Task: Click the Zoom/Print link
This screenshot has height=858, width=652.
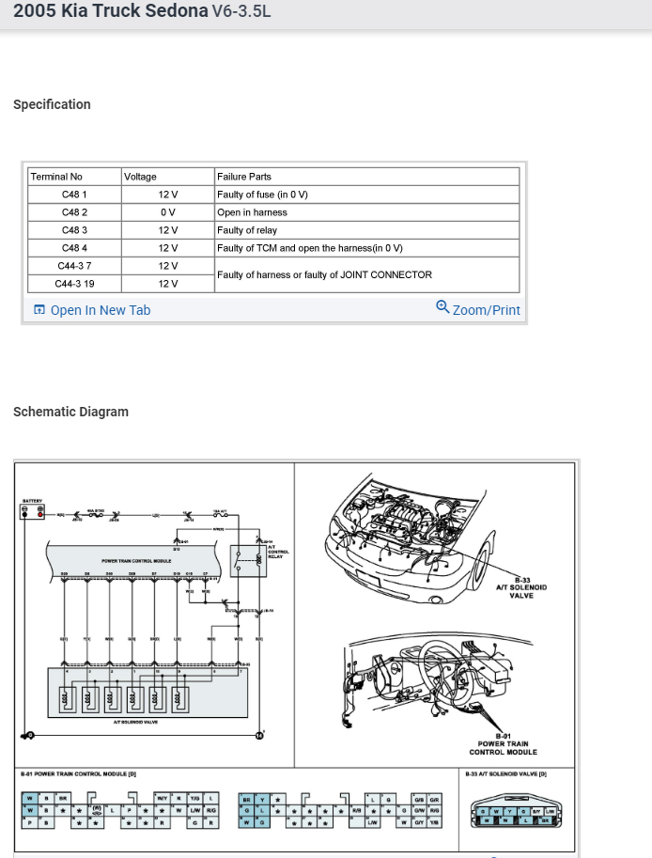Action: (478, 309)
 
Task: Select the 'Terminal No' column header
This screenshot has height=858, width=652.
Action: (56, 177)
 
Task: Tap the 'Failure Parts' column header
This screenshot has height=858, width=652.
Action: (244, 177)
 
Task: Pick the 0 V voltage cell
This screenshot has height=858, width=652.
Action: (168, 212)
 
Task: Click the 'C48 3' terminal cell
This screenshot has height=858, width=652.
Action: (74, 230)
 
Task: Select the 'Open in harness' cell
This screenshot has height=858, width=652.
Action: (252, 212)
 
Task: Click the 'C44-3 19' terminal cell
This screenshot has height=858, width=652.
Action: (74, 283)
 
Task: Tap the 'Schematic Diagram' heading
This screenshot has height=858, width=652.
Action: (70, 412)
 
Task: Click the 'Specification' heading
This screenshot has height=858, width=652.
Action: (52, 104)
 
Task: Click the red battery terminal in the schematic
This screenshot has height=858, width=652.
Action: (39, 514)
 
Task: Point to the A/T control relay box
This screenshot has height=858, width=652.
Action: (250, 557)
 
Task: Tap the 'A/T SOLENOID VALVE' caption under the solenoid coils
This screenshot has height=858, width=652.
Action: (135, 722)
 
